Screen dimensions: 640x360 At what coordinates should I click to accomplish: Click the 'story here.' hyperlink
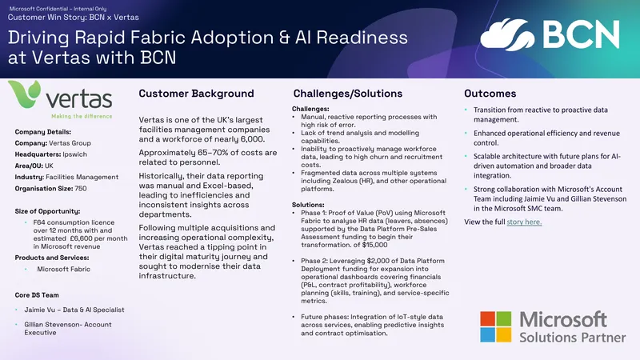(x=524, y=222)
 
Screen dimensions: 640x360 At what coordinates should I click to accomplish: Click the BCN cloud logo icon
(x=507, y=34)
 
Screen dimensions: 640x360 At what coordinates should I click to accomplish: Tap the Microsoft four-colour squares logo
(x=495, y=326)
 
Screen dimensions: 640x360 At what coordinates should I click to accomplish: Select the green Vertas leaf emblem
(x=25, y=94)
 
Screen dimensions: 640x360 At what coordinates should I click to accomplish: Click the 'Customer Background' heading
(x=196, y=94)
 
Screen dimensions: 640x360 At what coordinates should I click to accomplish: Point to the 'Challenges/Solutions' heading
(x=348, y=94)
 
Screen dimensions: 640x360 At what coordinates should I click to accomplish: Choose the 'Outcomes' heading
(x=490, y=94)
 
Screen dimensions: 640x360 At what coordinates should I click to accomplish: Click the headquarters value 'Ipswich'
(x=74, y=154)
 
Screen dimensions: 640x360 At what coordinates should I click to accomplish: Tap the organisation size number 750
(x=81, y=189)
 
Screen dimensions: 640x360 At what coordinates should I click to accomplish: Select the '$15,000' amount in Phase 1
(x=374, y=245)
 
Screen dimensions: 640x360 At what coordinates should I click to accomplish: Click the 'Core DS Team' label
(x=37, y=295)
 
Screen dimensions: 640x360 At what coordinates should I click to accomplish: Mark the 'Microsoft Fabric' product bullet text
(x=64, y=269)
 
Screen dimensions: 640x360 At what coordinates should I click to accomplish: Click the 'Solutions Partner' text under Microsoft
(x=572, y=338)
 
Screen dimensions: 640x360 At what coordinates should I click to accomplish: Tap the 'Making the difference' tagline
(x=82, y=116)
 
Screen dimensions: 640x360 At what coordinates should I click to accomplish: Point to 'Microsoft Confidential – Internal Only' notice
(x=58, y=9)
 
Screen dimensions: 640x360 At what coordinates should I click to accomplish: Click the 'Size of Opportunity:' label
(x=47, y=211)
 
